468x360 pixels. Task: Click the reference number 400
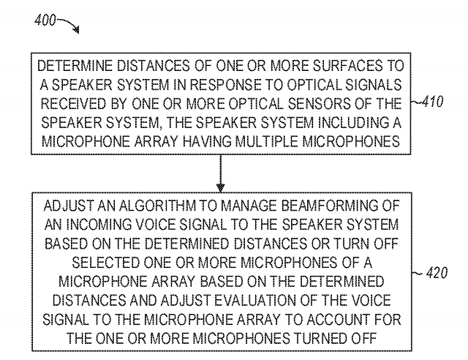coord(45,18)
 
